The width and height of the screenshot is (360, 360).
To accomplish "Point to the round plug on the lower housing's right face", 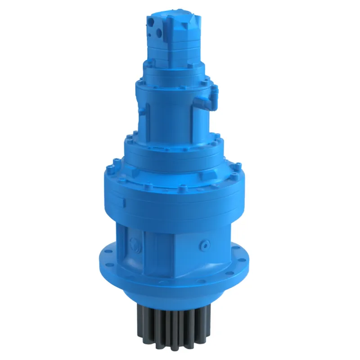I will point(206,244).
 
